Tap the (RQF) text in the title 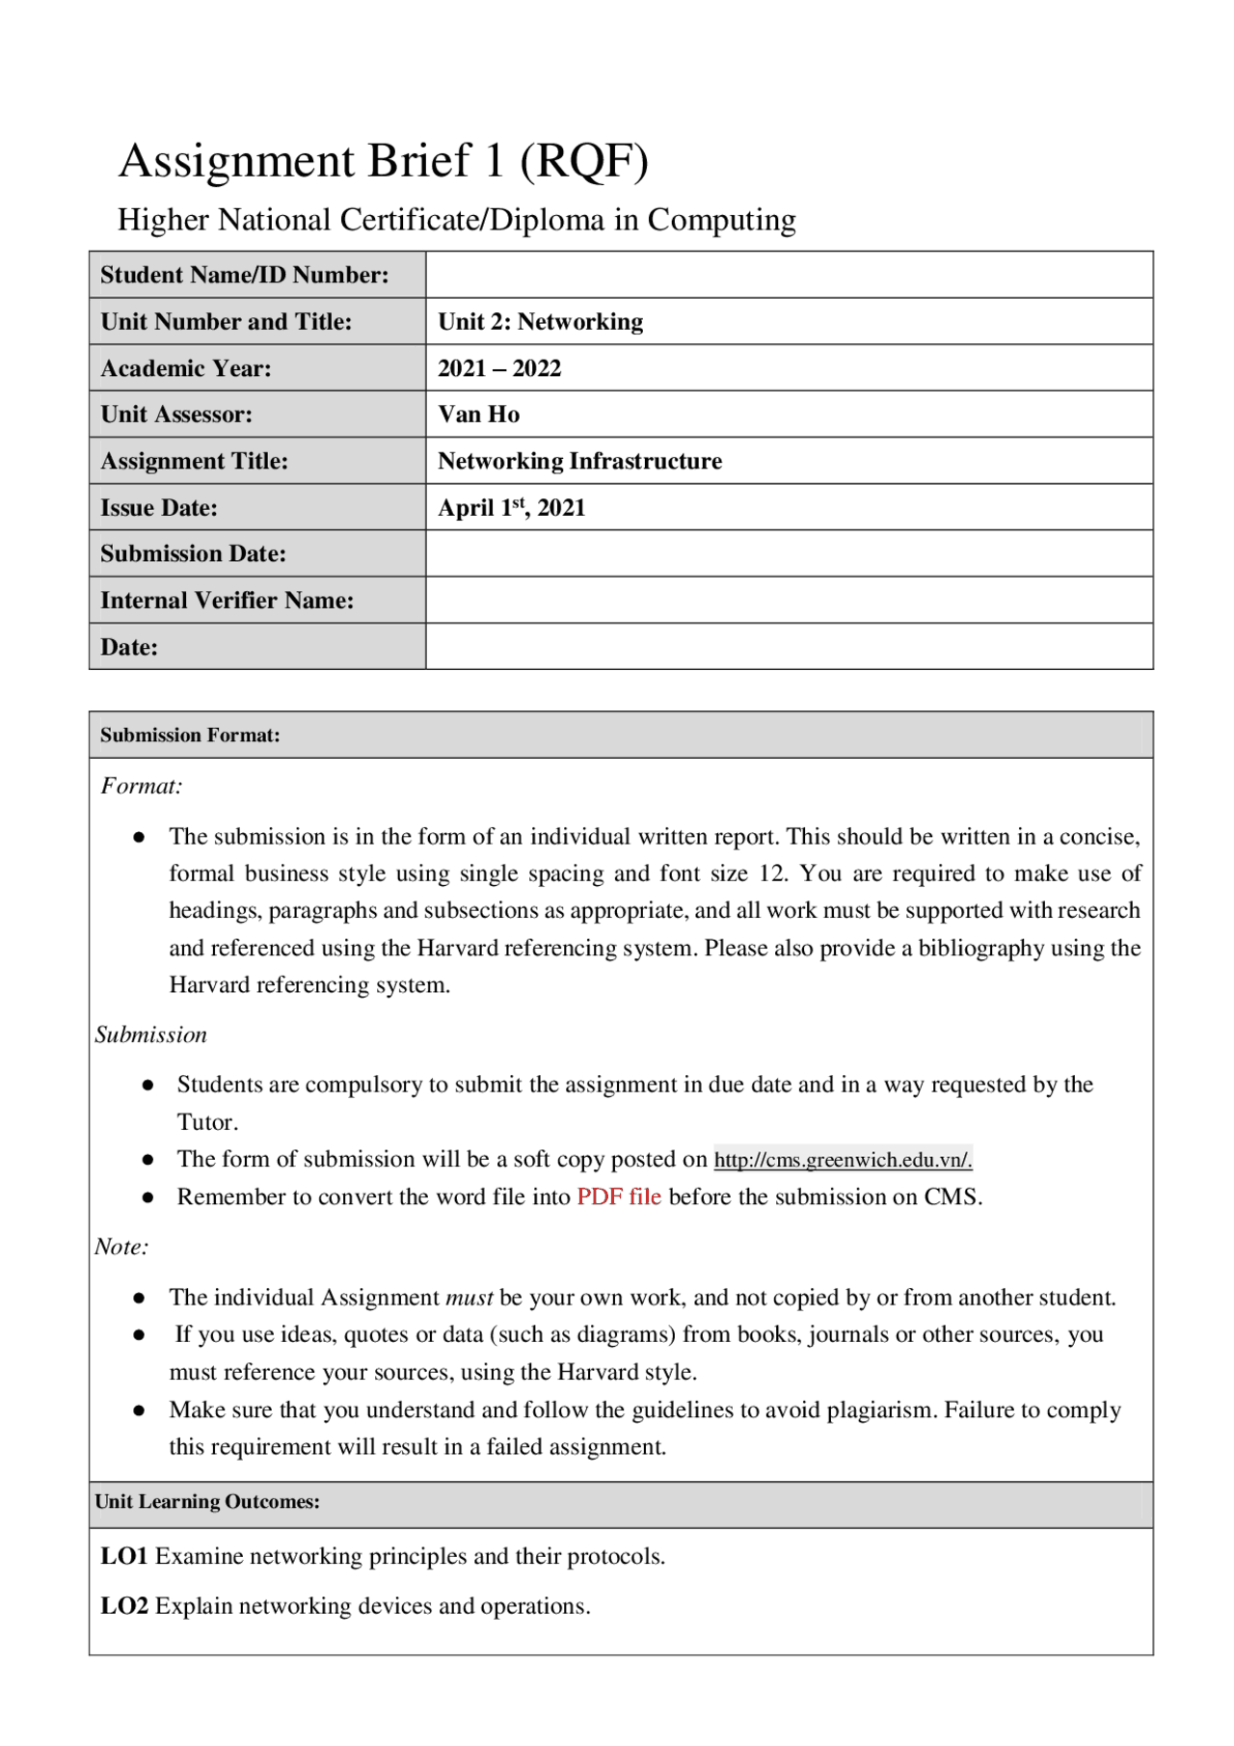(x=584, y=161)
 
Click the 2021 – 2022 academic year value (x=499, y=368)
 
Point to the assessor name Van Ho (x=478, y=415)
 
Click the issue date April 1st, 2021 (x=511, y=508)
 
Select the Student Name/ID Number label (x=245, y=276)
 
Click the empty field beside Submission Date (x=789, y=554)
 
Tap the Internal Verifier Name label (x=227, y=601)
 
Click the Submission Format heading (x=190, y=736)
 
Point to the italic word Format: (x=142, y=787)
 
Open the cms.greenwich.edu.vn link (x=843, y=1160)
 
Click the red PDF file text (x=619, y=1197)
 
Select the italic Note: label (x=121, y=1248)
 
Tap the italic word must (x=469, y=1298)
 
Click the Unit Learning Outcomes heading (x=207, y=1502)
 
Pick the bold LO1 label (x=124, y=1557)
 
